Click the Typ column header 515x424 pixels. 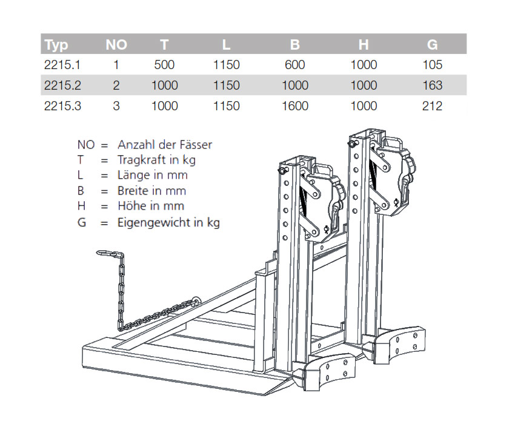56,45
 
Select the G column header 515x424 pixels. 432,45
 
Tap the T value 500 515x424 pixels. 164,65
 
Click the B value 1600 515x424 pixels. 295,106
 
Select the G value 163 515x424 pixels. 432,85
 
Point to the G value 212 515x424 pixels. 432,106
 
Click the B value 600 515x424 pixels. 295,65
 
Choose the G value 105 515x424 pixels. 432,65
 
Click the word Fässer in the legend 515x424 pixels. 193,145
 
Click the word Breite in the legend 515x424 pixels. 133,191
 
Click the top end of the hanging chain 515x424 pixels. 98,251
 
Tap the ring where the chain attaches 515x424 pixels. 197,299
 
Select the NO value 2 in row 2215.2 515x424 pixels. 116,85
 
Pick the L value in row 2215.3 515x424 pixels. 227,106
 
